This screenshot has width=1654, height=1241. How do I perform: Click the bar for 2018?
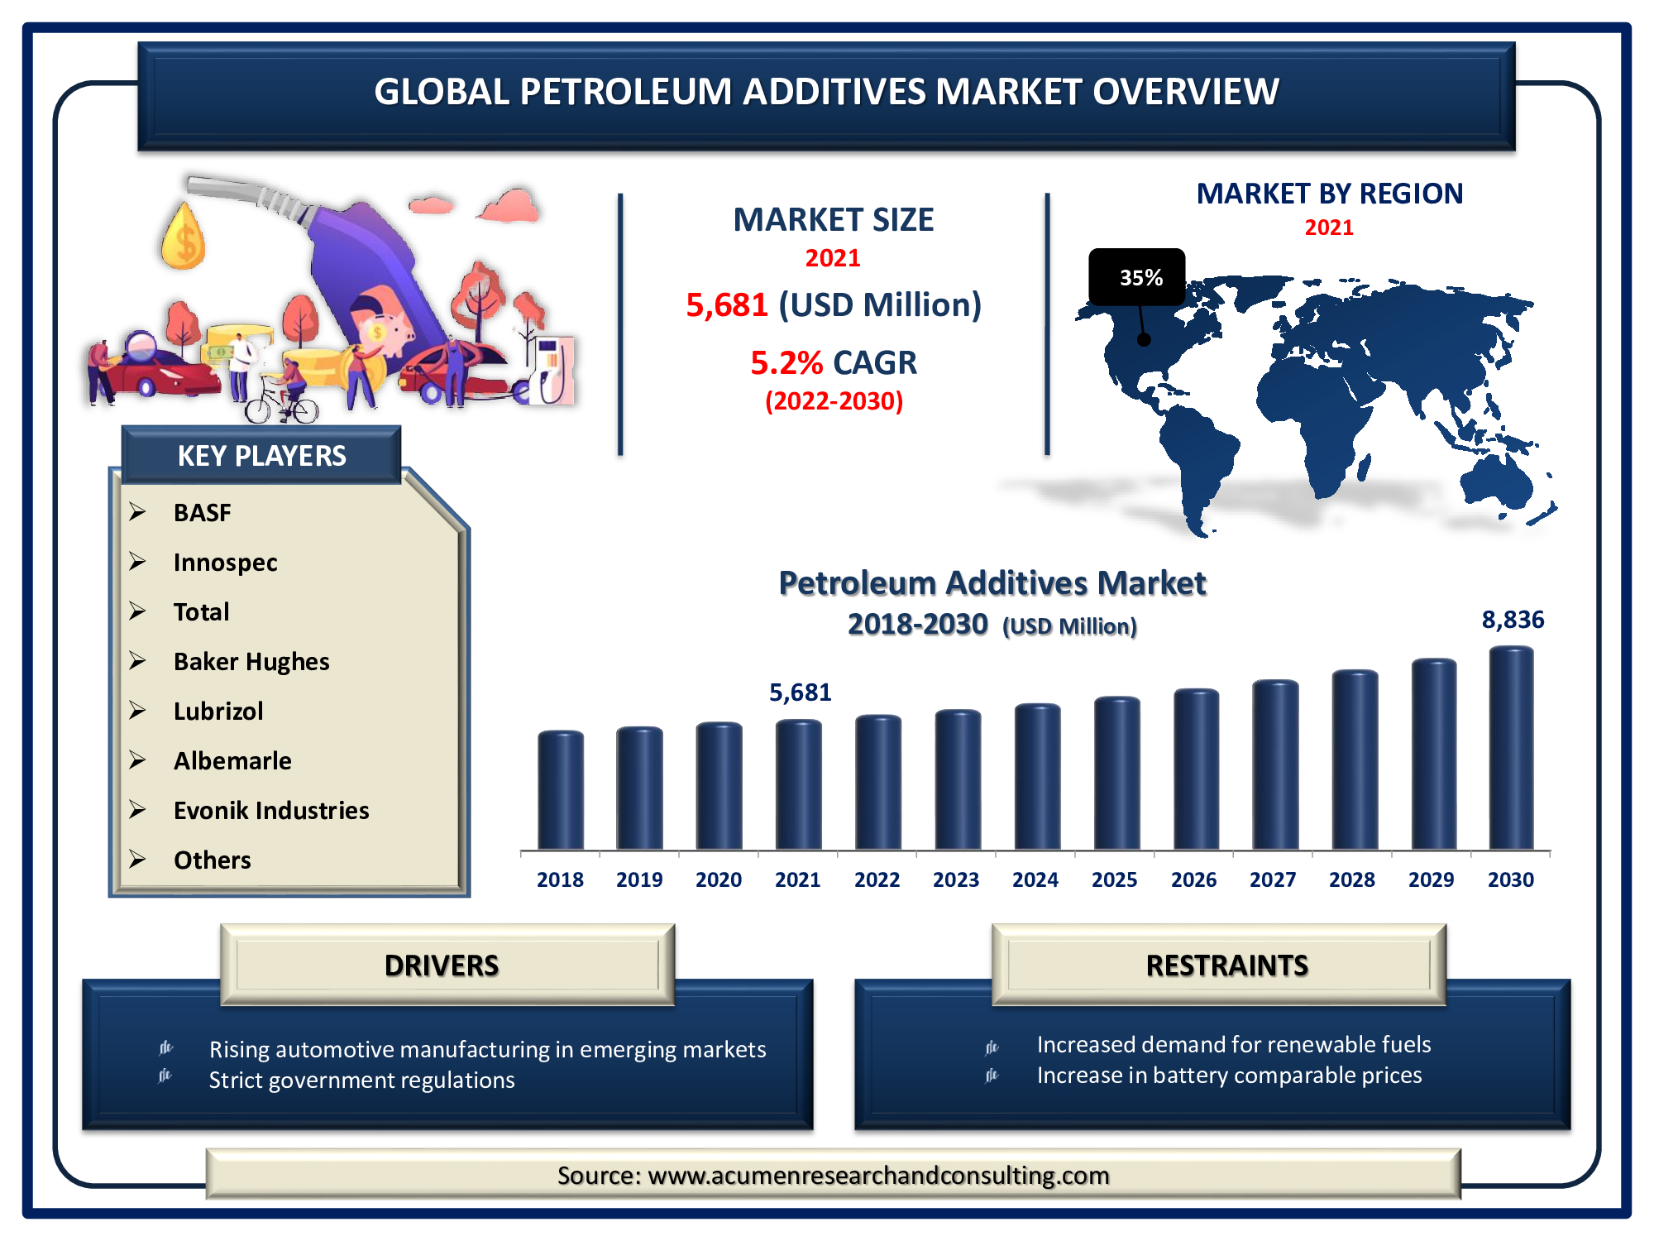pyautogui.click(x=561, y=790)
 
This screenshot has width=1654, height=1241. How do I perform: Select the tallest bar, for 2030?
pyautogui.click(x=1512, y=748)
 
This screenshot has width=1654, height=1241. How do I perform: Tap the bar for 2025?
pyautogui.click(x=1116, y=773)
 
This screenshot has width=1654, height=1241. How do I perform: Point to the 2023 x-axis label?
pyautogui.click(x=956, y=879)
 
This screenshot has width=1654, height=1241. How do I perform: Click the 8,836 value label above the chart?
pyautogui.click(x=1513, y=620)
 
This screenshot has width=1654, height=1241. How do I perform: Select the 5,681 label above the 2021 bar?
pyautogui.click(x=800, y=692)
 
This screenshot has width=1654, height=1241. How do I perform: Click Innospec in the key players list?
pyautogui.click(x=225, y=563)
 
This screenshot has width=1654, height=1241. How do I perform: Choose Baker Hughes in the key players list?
pyautogui.click(x=251, y=662)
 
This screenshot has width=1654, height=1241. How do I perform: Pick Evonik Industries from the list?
pyautogui.click(x=271, y=811)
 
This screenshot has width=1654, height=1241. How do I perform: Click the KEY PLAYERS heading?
pyautogui.click(x=261, y=456)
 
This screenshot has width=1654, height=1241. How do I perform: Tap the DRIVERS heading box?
pyautogui.click(x=447, y=965)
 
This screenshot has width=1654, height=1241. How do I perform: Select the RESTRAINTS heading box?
pyautogui.click(x=1219, y=965)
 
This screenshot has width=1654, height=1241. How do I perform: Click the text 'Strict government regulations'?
pyautogui.click(x=361, y=1080)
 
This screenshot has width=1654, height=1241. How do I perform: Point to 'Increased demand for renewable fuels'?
pyautogui.click(x=1234, y=1045)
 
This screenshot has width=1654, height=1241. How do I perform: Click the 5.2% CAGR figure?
pyautogui.click(x=834, y=362)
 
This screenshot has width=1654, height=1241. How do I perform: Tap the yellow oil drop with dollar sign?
pyautogui.click(x=183, y=237)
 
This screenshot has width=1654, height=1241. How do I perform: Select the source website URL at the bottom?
pyautogui.click(x=878, y=1176)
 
